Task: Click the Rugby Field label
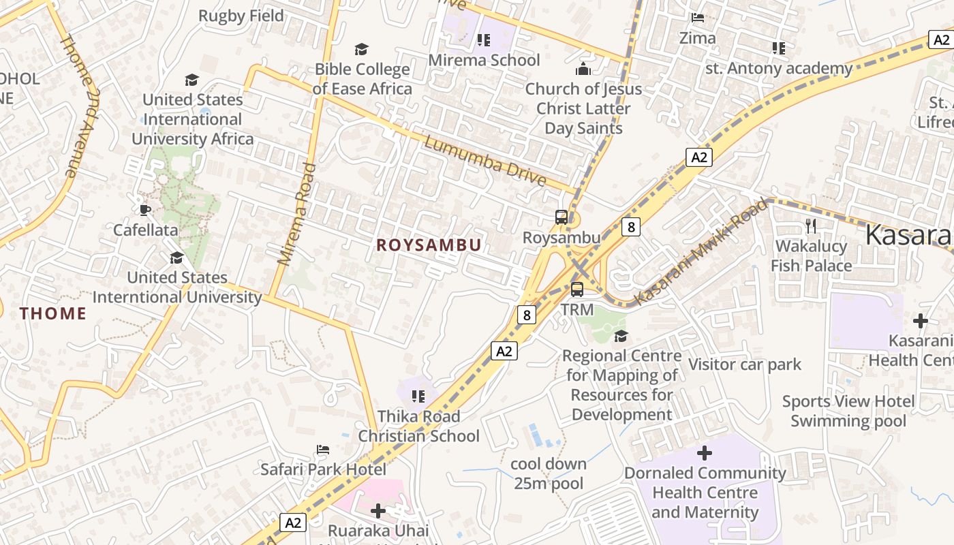coord(241,16)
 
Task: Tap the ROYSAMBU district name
coord(429,245)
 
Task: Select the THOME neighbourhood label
coord(53,313)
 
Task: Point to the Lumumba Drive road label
coord(484,161)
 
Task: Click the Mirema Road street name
coord(298,213)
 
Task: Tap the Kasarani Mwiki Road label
coord(701,251)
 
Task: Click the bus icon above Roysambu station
coord(561,217)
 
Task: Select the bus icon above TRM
coord(577,290)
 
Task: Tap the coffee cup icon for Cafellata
coord(144,209)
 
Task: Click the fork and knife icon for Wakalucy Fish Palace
coord(811,225)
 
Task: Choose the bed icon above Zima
coord(697,18)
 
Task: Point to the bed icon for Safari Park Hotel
coord(323,449)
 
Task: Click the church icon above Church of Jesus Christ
coord(583,69)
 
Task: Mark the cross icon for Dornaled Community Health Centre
coord(705,453)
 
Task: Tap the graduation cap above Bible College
coord(361,49)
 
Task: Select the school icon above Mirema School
coord(484,40)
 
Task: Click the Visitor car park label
coord(745,364)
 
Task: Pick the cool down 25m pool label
coord(549,473)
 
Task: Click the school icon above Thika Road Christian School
coord(418,396)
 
